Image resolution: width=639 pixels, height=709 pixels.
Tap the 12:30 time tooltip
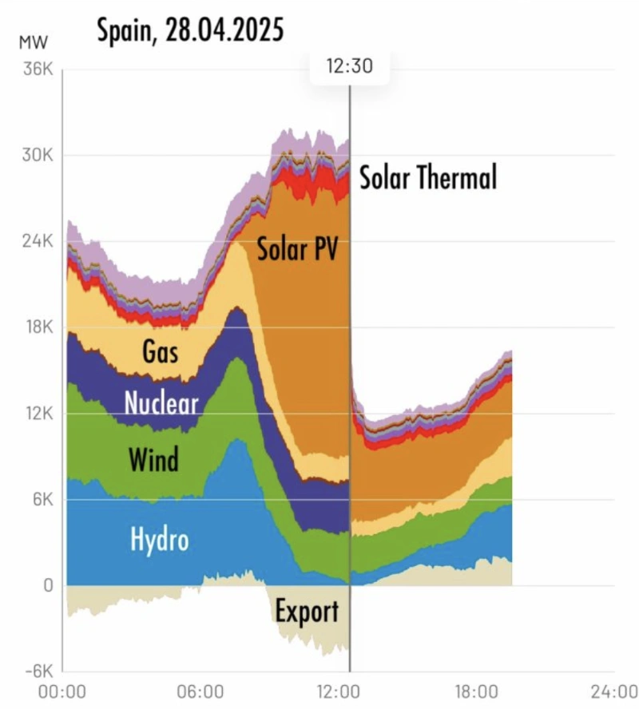(x=349, y=67)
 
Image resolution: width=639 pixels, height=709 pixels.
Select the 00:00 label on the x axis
(x=62, y=691)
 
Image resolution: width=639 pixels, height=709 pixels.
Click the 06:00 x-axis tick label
(x=200, y=691)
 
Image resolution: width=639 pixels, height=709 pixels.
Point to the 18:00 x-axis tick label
(x=474, y=691)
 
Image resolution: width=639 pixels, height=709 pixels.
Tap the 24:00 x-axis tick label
(x=611, y=691)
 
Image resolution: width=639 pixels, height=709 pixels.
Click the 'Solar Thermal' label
(x=428, y=177)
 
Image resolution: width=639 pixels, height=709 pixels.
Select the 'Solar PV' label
(x=297, y=249)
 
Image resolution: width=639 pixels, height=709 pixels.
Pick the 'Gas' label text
(x=160, y=351)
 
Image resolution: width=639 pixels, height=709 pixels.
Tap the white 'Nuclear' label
(x=161, y=403)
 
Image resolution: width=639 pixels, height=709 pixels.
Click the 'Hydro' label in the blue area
(x=160, y=541)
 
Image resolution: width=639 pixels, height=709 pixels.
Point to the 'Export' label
(x=307, y=612)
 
